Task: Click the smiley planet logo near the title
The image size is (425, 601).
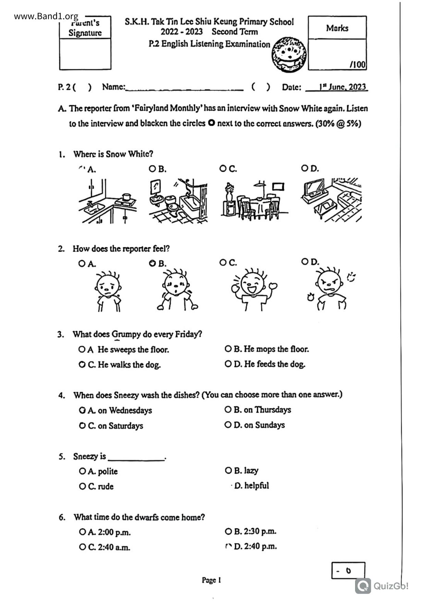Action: tap(289, 55)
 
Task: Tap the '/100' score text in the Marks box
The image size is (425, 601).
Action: tap(357, 64)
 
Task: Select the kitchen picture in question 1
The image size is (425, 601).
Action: tap(107, 201)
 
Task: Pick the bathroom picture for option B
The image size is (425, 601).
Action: tap(178, 201)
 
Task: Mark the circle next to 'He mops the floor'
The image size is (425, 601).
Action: tap(228, 349)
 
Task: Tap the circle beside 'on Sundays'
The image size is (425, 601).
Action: tap(228, 425)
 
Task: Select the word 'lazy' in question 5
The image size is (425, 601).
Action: tap(251, 470)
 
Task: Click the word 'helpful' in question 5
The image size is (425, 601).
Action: tap(256, 486)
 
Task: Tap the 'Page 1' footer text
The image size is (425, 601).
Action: tap(211, 580)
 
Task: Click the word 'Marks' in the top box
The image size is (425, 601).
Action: tap(337, 28)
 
